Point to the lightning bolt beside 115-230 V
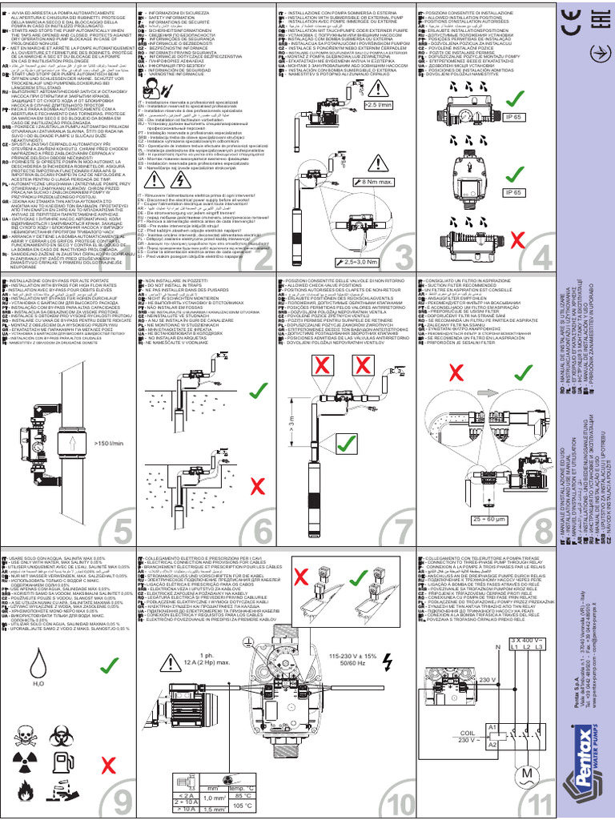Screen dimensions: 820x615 coord(388,661)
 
